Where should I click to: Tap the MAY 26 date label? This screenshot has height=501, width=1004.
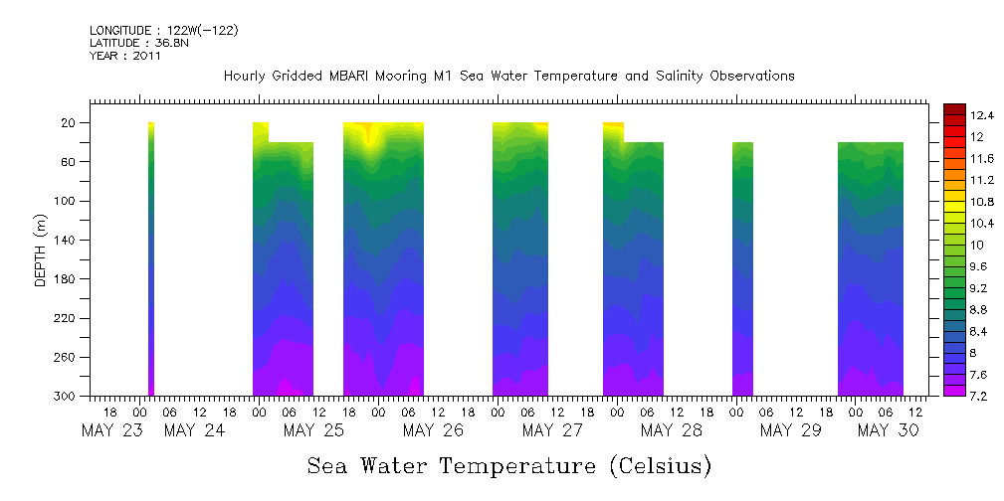click(433, 430)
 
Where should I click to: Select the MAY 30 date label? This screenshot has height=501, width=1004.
click(888, 430)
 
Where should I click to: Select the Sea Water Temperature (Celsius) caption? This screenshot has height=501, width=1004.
click(508, 465)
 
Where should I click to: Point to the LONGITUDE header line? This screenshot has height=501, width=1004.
click(163, 31)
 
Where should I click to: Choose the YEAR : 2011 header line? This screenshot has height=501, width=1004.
click(124, 56)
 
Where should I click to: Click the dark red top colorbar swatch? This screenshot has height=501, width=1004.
click(953, 109)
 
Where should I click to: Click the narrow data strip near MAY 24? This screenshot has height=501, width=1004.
click(151, 258)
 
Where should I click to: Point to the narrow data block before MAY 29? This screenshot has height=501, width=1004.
click(742, 268)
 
